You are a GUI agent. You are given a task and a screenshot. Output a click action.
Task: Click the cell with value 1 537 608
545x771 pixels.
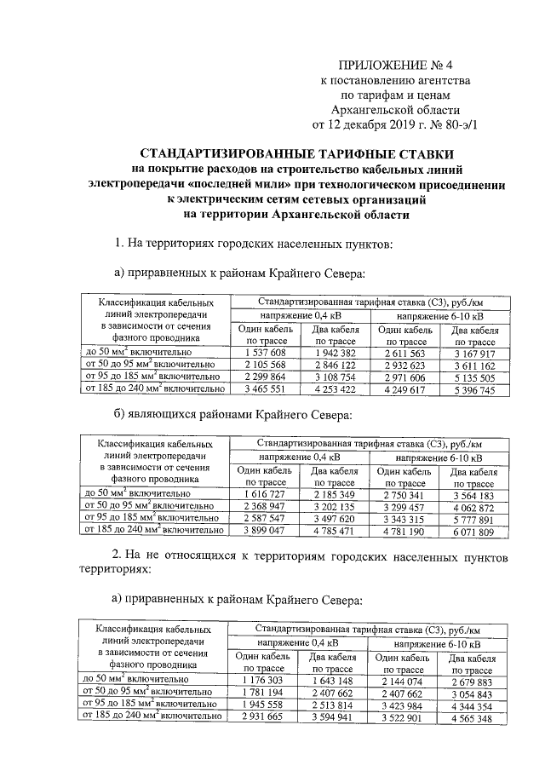[265, 351]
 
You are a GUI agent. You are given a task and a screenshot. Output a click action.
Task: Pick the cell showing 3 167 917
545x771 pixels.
[474, 351]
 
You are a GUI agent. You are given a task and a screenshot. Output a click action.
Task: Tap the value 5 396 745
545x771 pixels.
[474, 389]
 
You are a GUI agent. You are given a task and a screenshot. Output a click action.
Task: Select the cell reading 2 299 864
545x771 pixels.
[265, 377]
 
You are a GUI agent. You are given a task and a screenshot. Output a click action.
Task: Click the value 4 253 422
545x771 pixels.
[335, 389]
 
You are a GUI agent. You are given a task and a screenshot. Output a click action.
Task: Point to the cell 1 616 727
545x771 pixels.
[265, 495]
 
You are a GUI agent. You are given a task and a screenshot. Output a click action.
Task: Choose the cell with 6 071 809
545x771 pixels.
[474, 533]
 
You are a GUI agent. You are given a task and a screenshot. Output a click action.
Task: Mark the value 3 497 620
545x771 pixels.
[335, 521]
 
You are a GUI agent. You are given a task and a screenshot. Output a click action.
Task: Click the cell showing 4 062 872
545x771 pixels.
[474, 508]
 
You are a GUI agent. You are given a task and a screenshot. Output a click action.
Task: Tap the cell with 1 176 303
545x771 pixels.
[263, 681]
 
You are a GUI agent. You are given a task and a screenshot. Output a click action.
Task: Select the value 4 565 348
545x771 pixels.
[473, 719]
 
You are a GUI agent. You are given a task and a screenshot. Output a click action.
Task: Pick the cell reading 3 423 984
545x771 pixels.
[404, 706]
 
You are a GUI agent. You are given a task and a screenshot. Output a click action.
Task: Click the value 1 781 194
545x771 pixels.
[263, 693]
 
